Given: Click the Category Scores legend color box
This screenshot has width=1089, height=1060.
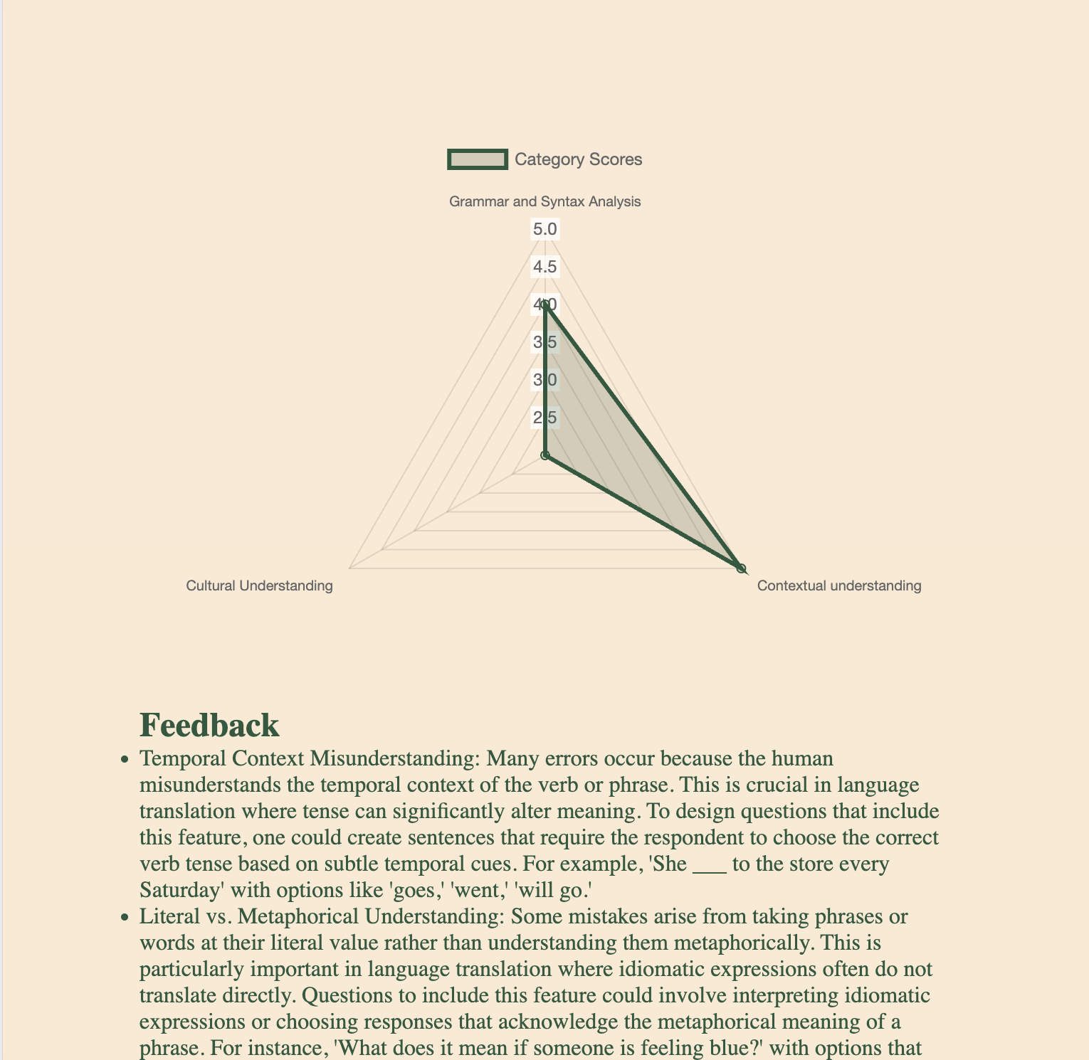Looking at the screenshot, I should [478, 159].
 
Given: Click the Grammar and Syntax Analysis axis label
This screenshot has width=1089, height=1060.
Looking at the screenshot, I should [544, 201].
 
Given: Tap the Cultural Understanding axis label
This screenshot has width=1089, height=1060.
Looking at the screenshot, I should [259, 585].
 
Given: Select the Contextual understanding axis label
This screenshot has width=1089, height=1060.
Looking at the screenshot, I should [839, 585].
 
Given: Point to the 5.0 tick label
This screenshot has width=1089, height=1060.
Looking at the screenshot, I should [545, 229].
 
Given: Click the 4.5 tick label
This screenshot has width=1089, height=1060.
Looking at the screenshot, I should [545, 267].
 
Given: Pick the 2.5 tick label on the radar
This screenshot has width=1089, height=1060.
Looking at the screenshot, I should [545, 418].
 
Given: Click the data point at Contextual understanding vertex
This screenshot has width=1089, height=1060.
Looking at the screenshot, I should [741, 568].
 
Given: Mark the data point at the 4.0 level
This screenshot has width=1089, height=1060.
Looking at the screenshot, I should [545, 304].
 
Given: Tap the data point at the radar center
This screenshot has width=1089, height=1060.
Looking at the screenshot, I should [545, 455].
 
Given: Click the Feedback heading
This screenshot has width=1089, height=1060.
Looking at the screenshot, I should [209, 725].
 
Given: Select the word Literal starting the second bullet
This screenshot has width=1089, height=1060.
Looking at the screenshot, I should [168, 916].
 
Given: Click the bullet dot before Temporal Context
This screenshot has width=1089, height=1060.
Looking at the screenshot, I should [125, 760].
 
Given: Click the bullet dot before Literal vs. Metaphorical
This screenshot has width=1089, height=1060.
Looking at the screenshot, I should [125, 918].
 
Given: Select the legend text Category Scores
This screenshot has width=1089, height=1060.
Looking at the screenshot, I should [578, 159].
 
